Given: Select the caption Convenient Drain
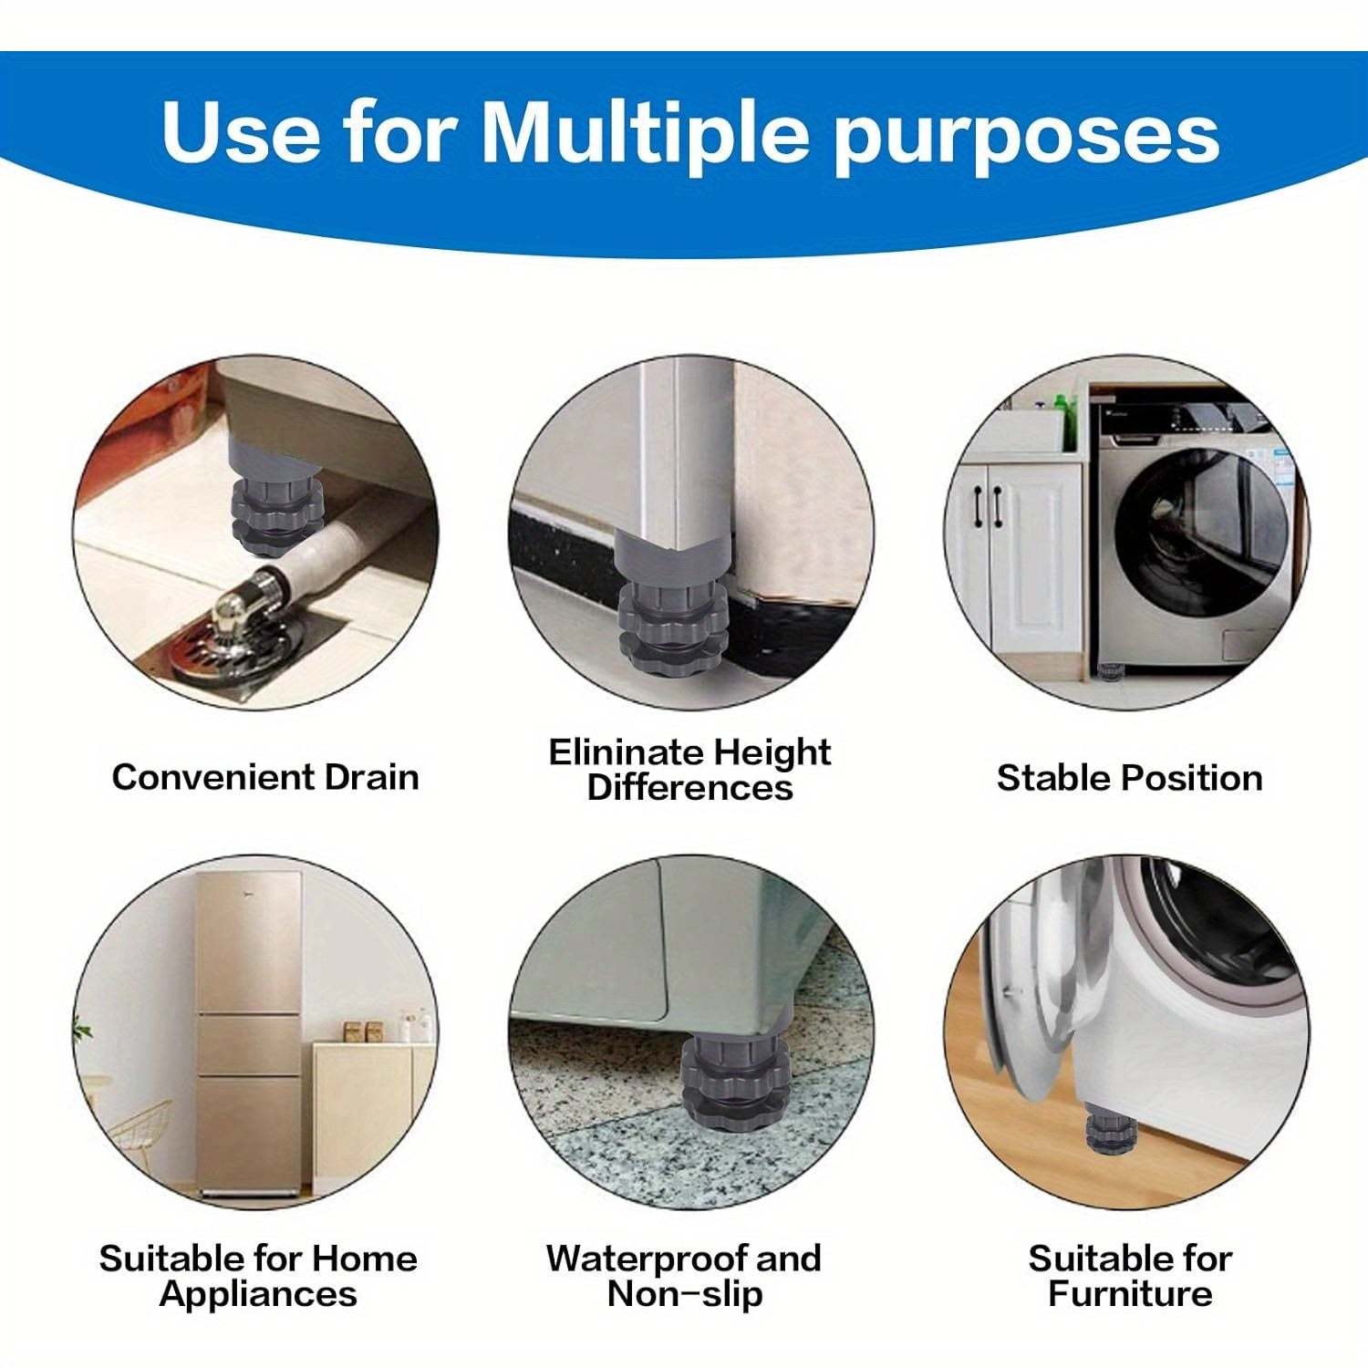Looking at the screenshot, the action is tap(265, 777).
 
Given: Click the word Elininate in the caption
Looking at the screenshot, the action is tap(626, 752).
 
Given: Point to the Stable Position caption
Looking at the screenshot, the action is tap(1129, 778).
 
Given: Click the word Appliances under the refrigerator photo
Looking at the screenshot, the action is tap(258, 1295).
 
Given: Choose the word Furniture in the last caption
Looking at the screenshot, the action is tap(1130, 1293).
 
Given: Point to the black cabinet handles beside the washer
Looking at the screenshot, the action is tap(987, 506).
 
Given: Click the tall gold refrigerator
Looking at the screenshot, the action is tap(249, 1033).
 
